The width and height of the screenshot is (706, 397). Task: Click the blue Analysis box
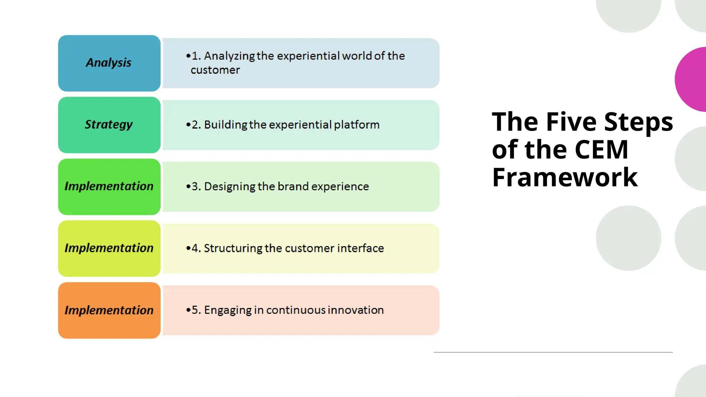109,63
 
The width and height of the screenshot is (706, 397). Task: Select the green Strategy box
109,125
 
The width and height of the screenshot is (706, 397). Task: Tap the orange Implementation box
109,310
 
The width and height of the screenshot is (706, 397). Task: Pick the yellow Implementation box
109,248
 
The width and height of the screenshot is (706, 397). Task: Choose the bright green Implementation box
109,186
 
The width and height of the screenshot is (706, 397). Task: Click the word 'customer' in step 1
215,70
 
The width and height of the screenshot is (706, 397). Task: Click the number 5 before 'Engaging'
195,310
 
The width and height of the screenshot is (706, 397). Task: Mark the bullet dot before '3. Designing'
188,186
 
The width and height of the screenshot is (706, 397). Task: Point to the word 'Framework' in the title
565,177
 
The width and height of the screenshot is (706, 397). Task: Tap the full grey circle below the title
628,238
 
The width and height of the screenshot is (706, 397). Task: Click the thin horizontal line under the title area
553,352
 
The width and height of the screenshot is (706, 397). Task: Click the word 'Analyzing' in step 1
229,56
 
